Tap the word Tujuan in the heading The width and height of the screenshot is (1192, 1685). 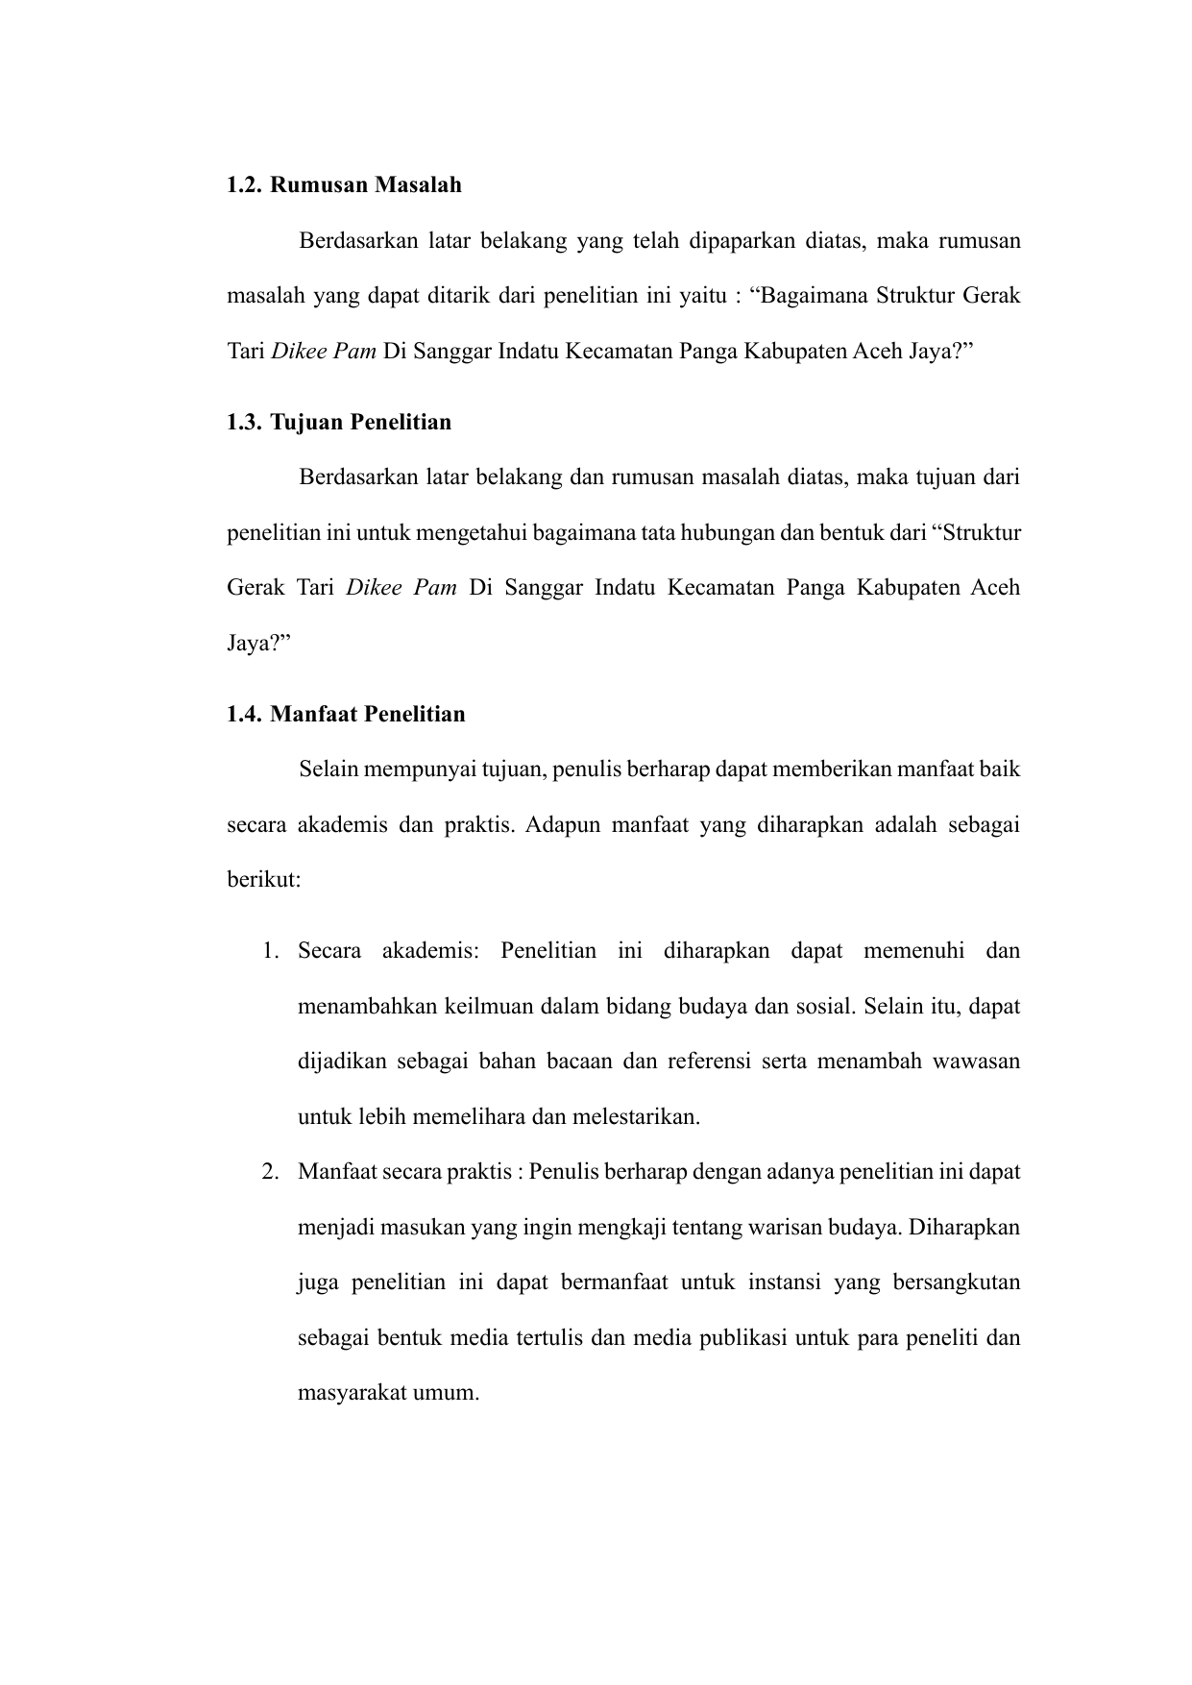306,423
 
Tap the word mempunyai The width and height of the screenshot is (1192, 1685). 429,769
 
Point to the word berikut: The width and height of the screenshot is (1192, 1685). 264,880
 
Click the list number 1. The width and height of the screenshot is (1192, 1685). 272,952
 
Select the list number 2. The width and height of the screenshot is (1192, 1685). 272,1173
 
